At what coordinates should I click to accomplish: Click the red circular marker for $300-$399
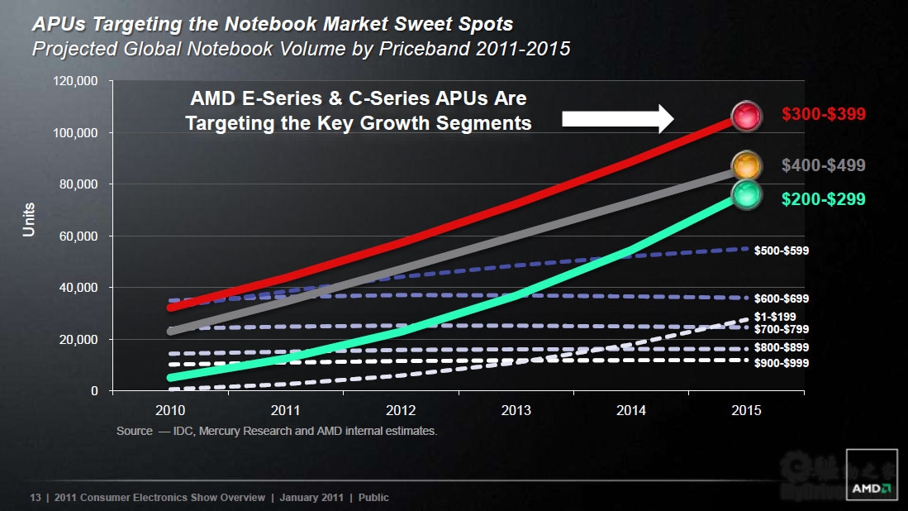tap(746, 116)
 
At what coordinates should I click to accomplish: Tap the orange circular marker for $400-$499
tap(746, 166)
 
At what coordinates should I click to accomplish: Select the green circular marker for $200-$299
tap(746, 195)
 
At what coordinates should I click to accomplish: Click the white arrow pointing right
tap(618, 118)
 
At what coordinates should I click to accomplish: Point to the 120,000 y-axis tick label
tap(76, 81)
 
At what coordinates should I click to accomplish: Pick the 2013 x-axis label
tap(516, 410)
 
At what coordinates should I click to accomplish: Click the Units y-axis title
tap(29, 219)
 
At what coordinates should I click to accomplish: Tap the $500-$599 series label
tap(781, 250)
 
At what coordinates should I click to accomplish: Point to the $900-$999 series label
tap(781, 363)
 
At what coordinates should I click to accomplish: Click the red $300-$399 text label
tap(823, 114)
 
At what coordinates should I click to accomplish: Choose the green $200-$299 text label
tap(823, 198)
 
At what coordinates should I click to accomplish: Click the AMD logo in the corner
tap(870, 488)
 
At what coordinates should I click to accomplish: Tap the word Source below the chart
tap(134, 431)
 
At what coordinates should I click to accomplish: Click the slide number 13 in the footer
tap(35, 497)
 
